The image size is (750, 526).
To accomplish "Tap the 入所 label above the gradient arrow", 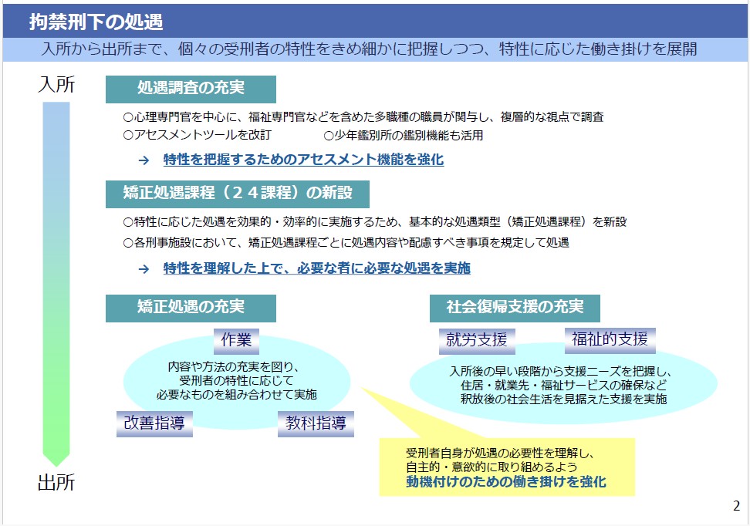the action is click(56, 85).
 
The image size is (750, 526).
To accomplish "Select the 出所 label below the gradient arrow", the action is click(56, 483).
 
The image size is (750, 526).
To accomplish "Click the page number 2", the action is click(737, 506).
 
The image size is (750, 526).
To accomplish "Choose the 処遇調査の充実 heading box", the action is click(191, 89).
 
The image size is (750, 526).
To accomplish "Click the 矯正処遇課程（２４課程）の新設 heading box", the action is click(237, 194).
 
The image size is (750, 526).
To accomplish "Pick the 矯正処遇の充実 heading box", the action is click(191, 308).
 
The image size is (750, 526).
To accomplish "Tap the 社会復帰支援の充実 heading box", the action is click(515, 308).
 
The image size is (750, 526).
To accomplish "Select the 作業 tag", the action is click(236, 341).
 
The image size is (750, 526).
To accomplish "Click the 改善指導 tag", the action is click(154, 423).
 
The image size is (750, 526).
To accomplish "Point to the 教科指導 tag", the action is click(316, 423).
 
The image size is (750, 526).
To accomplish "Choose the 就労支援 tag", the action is click(477, 341).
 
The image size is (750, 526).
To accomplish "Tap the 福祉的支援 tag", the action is click(610, 340).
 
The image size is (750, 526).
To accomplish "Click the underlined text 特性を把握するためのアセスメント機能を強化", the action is click(304, 160).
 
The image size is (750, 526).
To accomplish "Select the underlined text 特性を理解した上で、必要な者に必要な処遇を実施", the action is click(316, 268).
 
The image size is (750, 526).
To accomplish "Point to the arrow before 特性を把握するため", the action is click(144, 160).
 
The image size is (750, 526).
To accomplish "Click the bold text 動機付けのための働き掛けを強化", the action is click(506, 481).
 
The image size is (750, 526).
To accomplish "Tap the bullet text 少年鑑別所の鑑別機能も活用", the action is click(404, 136).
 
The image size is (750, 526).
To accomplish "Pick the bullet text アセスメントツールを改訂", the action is click(198, 135).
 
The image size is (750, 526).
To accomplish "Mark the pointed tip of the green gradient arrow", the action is click(56, 466).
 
